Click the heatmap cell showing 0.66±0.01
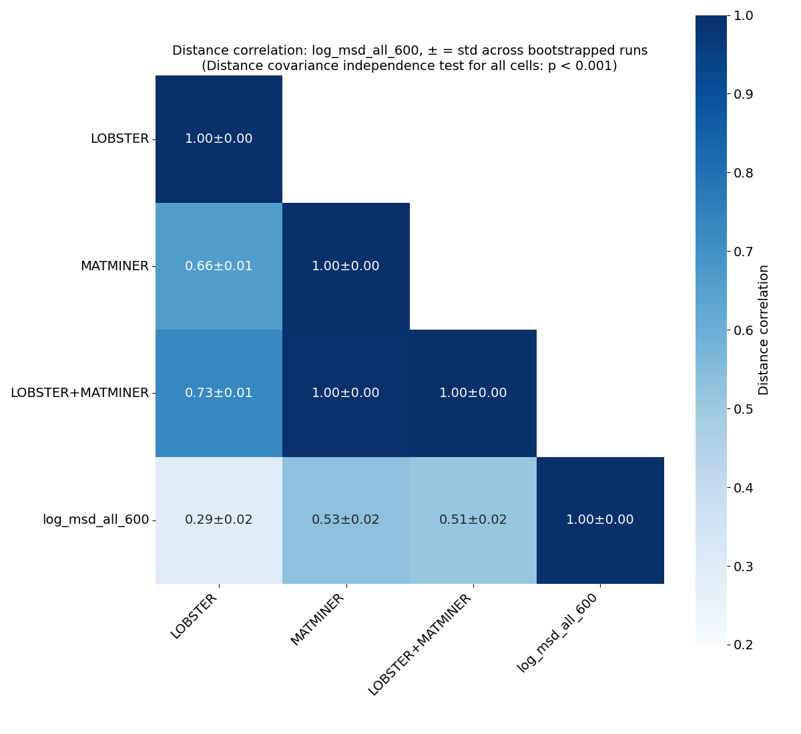pos(219,266)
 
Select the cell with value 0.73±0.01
pos(219,393)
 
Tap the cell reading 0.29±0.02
pos(219,520)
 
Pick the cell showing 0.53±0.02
pos(346,520)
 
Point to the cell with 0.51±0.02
pos(473,520)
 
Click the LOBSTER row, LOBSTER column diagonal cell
pos(219,139)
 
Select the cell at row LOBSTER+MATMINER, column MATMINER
pos(346,393)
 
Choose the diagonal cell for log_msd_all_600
pos(600,520)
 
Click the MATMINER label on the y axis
pos(114,266)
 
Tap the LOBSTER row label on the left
pos(119,139)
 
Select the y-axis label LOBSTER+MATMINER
pos(79,393)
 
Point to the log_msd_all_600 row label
pos(95,520)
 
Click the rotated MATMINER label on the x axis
pos(318,620)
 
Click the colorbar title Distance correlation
pos(764,330)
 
